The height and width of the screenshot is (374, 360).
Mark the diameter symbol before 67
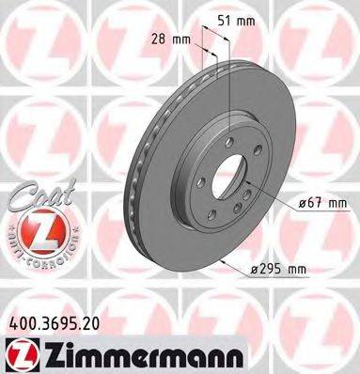pyautogui.click(x=306, y=202)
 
